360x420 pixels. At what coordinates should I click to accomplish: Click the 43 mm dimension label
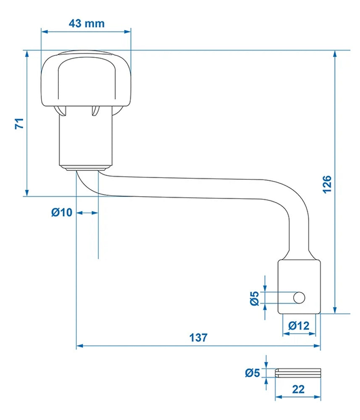tap(86, 23)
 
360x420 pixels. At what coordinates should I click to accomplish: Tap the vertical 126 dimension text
tap(327, 183)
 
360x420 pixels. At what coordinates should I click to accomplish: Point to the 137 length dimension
tap(198, 337)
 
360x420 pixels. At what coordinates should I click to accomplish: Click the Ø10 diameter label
tap(62, 213)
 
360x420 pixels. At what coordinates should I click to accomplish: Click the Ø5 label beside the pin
tap(253, 373)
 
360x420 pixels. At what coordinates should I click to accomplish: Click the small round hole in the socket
tap(299, 298)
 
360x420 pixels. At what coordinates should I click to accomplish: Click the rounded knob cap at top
tap(86, 80)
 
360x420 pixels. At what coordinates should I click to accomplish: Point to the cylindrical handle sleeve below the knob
tap(86, 139)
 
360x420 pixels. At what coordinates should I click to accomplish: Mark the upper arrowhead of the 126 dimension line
tap(335, 54)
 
